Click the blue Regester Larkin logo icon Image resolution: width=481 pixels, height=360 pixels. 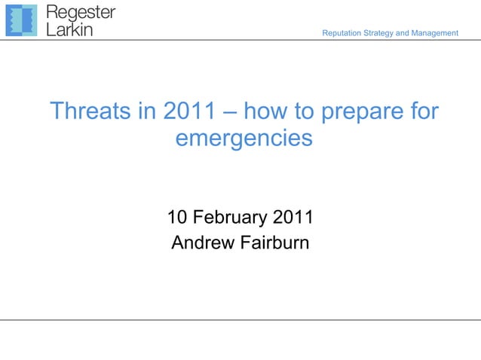21,20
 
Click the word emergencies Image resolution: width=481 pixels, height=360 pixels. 243,139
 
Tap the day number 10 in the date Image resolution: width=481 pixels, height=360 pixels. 177,218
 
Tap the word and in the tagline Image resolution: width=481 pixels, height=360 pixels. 404,33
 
